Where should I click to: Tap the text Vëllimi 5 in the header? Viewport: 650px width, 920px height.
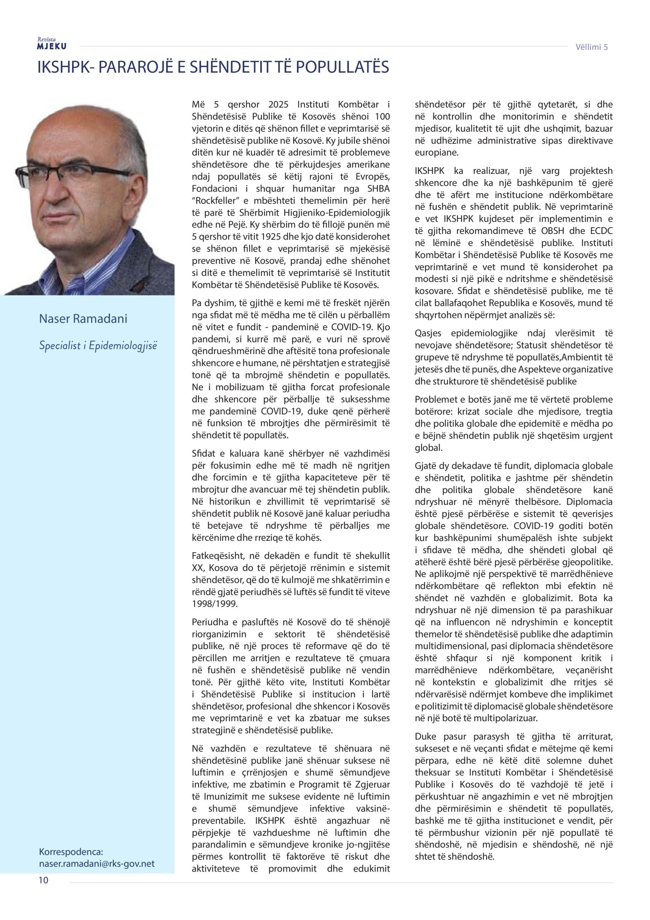[591, 47]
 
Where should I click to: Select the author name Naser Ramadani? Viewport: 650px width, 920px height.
[83, 319]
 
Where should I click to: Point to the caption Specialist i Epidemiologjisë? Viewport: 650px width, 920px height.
[98, 345]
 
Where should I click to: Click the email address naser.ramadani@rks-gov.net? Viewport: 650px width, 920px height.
[97, 864]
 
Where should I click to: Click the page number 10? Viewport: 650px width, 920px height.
[43, 880]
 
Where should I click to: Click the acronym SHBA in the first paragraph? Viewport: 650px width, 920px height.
[378, 188]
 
